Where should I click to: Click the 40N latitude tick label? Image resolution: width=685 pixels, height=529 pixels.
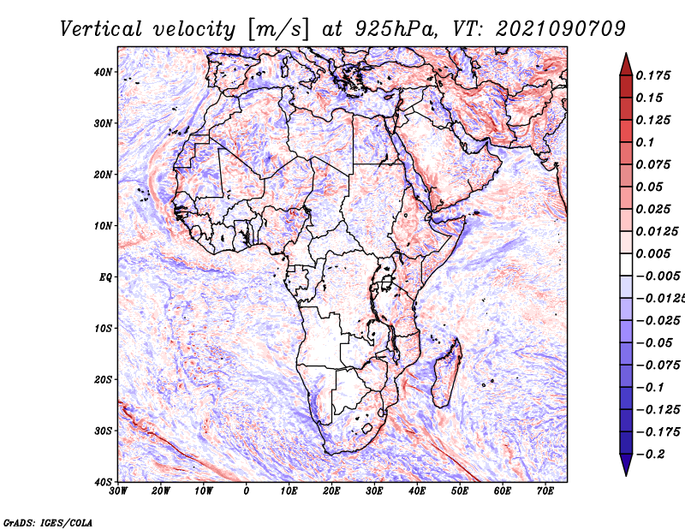(103, 72)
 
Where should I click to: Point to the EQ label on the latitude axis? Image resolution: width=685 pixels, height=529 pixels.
(105, 277)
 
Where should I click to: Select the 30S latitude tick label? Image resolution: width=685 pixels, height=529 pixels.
(103, 431)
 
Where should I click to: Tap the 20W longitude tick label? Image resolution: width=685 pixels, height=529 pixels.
(160, 491)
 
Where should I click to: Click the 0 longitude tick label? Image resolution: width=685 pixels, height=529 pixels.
(247, 491)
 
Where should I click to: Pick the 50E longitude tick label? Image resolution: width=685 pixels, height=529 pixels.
(460, 491)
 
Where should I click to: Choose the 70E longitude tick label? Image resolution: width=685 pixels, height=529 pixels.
(545, 491)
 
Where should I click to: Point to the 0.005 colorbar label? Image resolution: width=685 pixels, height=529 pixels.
(652, 253)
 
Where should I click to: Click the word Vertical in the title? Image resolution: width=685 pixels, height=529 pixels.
(100, 29)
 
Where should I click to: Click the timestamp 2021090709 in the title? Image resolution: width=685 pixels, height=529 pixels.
(561, 29)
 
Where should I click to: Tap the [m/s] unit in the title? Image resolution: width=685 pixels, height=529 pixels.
(278, 30)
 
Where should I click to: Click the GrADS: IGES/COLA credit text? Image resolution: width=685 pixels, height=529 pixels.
(48, 523)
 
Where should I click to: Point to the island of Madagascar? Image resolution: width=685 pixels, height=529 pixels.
(447, 374)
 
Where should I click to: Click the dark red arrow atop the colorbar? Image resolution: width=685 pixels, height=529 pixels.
(626, 64)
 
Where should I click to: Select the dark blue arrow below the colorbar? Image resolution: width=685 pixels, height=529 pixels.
(626, 465)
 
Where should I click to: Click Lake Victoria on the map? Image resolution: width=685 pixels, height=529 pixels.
(386, 282)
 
